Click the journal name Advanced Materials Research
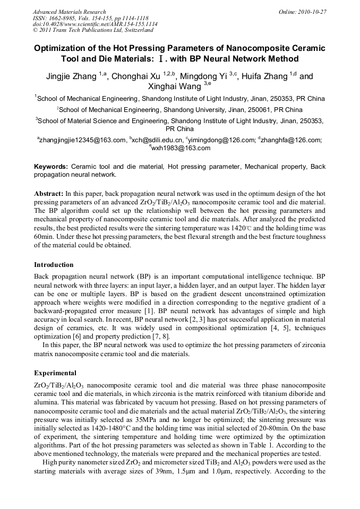pyautogui.click(x=69, y=12)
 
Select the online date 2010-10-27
pyautogui.click(x=312, y=12)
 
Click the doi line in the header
pyautogui.click(x=95, y=24)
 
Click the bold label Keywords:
pyautogui.click(x=51, y=167)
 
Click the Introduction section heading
pyautogui.click(x=54, y=264)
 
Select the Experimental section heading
pyautogui.click(x=55, y=373)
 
